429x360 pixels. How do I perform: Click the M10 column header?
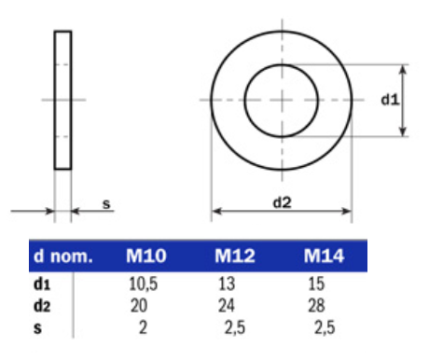click(x=146, y=256)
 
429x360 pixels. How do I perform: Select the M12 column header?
click(x=235, y=256)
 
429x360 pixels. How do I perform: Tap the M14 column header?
click(x=324, y=256)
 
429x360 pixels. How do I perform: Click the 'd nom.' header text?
click(x=63, y=256)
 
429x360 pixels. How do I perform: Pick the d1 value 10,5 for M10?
click(x=144, y=284)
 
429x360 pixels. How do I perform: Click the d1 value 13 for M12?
click(x=227, y=284)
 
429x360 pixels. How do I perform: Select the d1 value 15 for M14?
click(x=316, y=284)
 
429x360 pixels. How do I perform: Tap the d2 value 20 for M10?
click(x=139, y=306)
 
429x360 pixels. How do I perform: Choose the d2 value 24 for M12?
click(x=227, y=306)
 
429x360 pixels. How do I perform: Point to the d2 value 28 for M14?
click(x=316, y=306)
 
